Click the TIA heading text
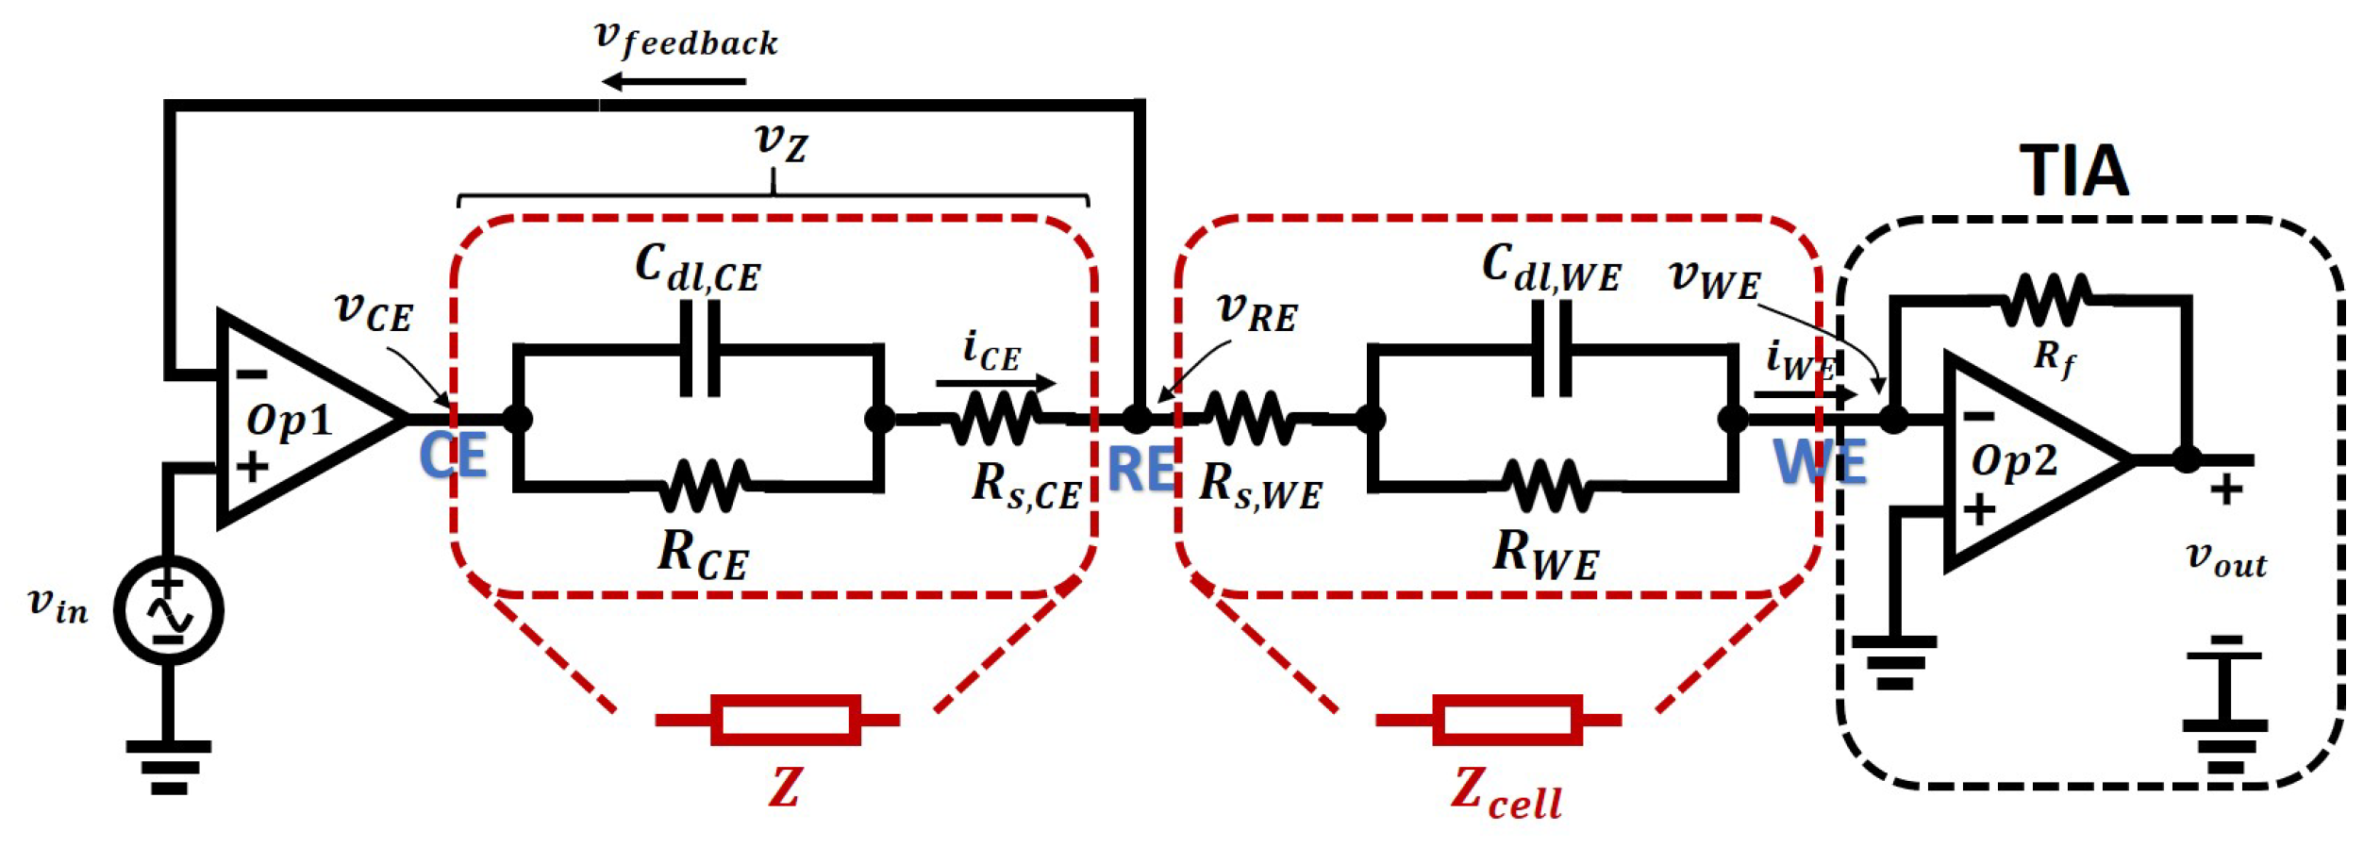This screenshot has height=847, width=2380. point(2073,172)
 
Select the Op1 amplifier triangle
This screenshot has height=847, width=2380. point(302,418)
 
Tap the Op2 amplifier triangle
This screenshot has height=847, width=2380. point(2028,462)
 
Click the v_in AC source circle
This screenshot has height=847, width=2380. point(169,610)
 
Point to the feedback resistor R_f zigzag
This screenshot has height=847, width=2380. point(2046,301)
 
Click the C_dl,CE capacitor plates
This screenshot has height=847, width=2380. point(700,349)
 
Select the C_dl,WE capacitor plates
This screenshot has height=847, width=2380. point(1552,349)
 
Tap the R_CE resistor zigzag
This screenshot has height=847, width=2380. point(704,487)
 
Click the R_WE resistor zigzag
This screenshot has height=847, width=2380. point(1547,487)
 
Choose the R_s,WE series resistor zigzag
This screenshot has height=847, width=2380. point(1251,418)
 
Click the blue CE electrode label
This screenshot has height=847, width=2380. point(453,456)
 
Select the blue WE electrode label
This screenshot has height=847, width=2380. point(1820,462)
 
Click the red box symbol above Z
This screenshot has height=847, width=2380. point(785,721)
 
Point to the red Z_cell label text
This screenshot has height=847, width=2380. point(1506,791)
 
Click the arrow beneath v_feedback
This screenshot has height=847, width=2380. point(674,82)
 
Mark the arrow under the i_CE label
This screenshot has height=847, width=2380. point(995,383)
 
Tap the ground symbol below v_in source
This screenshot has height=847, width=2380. point(169,766)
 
